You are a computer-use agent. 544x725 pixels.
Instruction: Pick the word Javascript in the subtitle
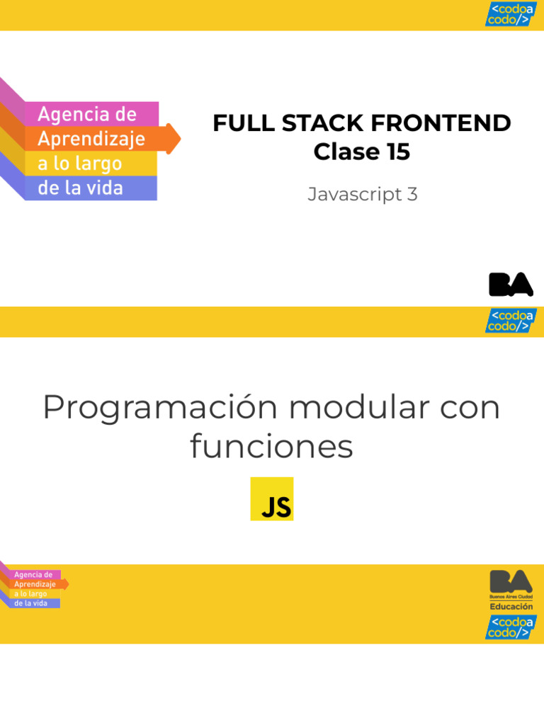(x=355, y=194)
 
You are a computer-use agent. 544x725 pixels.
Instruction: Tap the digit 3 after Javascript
(x=412, y=194)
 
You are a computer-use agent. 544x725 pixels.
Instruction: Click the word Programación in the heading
(x=159, y=409)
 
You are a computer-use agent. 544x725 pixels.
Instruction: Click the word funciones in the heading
(x=271, y=447)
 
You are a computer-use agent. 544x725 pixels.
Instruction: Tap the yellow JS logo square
(x=271, y=499)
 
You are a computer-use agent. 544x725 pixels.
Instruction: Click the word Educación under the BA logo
(x=511, y=607)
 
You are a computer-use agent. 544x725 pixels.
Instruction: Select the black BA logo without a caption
(x=511, y=285)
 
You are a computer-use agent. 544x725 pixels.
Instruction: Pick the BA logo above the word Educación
(x=511, y=583)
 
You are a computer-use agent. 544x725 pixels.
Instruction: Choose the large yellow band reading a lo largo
(x=89, y=164)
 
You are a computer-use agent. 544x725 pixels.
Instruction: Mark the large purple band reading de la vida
(x=89, y=188)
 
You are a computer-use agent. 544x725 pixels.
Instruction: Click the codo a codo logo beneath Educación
(x=511, y=627)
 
